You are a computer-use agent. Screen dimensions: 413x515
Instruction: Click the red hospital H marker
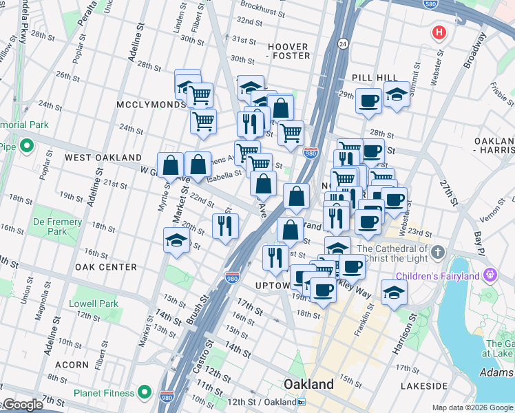pyautogui.click(x=439, y=32)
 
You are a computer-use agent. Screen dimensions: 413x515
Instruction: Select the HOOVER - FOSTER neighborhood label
pyautogui.click(x=288, y=52)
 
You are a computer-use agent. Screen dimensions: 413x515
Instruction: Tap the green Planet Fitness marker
pyautogui.click(x=144, y=393)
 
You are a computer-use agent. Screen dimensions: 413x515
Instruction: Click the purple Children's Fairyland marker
pyautogui.click(x=490, y=275)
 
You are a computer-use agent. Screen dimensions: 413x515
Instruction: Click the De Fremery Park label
pyautogui.click(x=58, y=222)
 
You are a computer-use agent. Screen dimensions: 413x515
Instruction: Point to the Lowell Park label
pyautogui.click(x=94, y=304)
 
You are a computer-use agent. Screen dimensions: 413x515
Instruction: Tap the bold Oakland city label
pyautogui.click(x=309, y=384)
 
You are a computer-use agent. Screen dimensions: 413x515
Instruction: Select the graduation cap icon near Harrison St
pyautogui.click(x=394, y=292)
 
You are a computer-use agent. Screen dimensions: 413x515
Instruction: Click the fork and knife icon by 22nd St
pyautogui.click(x=225, y=226)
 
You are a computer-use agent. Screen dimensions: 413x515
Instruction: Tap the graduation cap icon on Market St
pyautogui.click(x=176, y=240)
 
